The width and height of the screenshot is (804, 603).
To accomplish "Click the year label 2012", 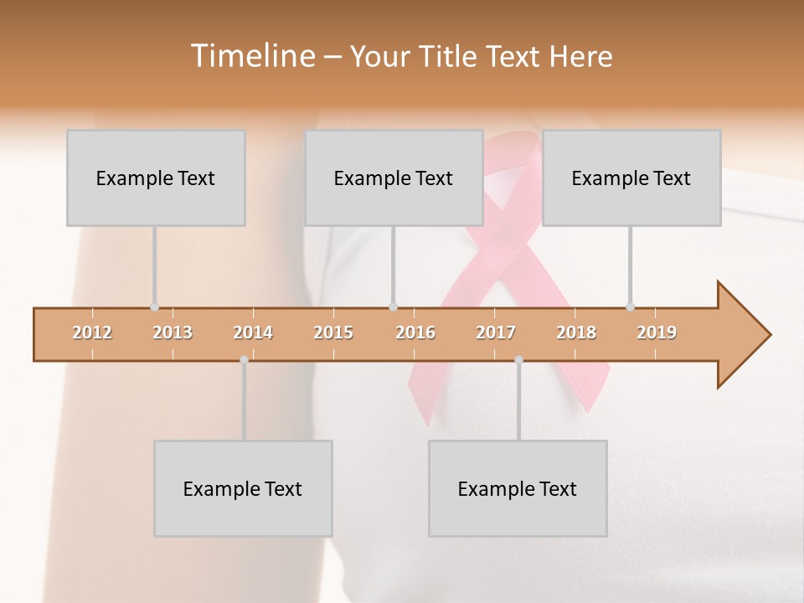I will (x=92, y=332).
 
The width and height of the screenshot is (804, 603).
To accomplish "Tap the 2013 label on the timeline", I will (x=173, y=332).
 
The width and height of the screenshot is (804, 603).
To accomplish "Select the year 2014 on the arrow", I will (x=253, y=332).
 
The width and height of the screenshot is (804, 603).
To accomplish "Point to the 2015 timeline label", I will (x=333, y=332).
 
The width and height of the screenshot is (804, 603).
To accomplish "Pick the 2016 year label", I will (x=415, y=332).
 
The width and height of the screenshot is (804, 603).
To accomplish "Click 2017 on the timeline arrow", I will (x=496, y=332).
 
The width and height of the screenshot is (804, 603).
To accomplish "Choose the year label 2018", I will (x=576, y=332).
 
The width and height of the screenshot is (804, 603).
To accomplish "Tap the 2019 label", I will (x=657, y=332).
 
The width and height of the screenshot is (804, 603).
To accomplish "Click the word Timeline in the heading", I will (x=250, y=56).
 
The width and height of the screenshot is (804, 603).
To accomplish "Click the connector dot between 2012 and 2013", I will (x=154, y=307).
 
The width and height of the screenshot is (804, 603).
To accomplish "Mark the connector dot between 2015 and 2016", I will (x=393, y=307).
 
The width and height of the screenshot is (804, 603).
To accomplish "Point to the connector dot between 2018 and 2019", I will (x=630, y=307).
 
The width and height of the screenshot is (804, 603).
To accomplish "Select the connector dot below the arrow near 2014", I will (x=244, y=360).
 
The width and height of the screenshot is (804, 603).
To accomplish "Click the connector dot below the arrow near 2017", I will (x=518, y=360).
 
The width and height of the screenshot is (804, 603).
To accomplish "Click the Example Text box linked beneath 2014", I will (x=243, y=488).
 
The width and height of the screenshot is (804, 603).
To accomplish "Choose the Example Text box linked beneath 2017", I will (x=518, y=488).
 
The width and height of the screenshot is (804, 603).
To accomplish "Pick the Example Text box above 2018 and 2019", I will (x=631, y=178).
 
